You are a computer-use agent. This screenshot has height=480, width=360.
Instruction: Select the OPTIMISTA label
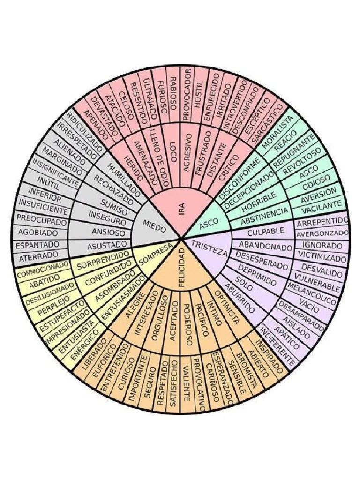[227, 307]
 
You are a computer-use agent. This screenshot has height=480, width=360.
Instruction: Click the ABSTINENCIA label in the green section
[264, 216]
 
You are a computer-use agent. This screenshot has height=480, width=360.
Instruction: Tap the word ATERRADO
[38, 256]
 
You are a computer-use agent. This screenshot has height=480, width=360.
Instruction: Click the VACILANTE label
[322, 205]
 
